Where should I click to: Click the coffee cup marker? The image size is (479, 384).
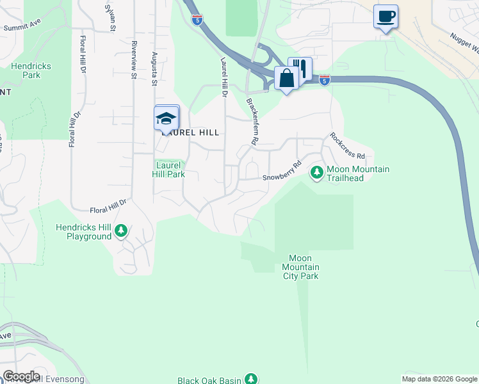tap(386, 16)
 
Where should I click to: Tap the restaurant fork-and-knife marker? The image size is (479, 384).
tap(300, 68)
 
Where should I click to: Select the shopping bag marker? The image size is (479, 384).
tap(286, 79)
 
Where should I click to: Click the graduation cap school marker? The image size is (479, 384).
tap(166, 118)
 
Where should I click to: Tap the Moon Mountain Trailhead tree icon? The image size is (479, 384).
tap(316, 172)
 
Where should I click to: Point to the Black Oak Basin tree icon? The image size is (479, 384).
tap(251, 380)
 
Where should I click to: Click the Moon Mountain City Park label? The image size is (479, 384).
tap(301, 267)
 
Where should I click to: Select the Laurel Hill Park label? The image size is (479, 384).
tap(169, 170)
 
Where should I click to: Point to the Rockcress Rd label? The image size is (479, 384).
tap(348, 146)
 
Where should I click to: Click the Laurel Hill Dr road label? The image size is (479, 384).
tap(224, 77)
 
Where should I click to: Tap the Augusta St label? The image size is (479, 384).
tap(154, 69)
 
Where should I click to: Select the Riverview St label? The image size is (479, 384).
tap(134, 60)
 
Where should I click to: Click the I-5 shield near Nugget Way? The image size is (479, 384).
tap(325, 79)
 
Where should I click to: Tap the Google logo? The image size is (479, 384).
tap(21, 376)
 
